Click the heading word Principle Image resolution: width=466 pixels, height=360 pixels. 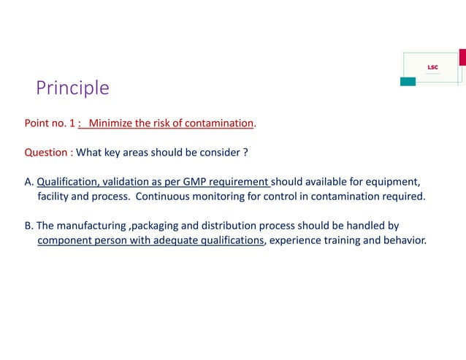(x=72, y=88)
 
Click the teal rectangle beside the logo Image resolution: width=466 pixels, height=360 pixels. (x=408, y=81)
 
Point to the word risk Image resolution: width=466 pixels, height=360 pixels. (x=159, y=123)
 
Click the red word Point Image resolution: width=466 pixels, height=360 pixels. (x=37, y=123)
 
